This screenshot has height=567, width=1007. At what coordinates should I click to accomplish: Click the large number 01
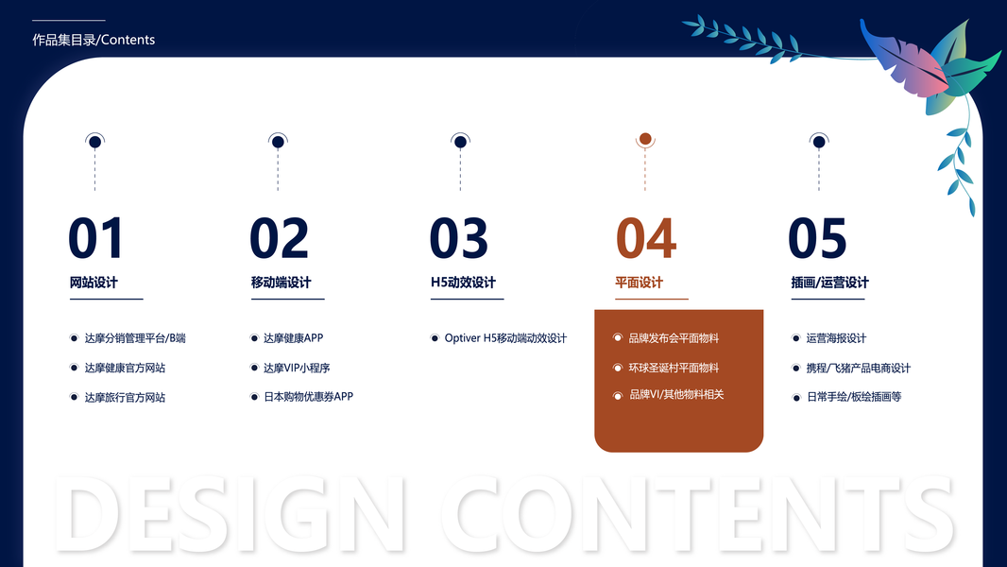[x=95, y=237]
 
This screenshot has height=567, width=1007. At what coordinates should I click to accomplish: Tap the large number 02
[x=280, y=237]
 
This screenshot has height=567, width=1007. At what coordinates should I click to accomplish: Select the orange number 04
[x=646, y=237]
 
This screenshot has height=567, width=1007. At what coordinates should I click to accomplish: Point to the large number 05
[x=817, y=237]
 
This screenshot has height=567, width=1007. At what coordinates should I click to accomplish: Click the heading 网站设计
[x=94, y=283]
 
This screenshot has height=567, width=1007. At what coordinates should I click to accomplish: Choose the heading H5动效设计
[x=463, y=283]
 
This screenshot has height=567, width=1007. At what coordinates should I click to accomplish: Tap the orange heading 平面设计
[x=639, y=283]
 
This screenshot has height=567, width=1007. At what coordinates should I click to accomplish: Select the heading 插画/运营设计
[x=829, y=283]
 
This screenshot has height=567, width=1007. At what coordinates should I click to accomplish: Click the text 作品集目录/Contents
[x=94, y=40]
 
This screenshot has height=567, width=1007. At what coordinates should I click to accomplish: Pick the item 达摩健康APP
[x=294, y=337]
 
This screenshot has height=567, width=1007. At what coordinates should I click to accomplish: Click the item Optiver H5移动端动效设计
[x=505, y=337]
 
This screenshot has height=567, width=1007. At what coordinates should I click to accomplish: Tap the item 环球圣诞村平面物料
[x=674, y=368]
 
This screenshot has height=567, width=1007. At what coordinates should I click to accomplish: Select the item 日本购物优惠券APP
[x=308, y=397]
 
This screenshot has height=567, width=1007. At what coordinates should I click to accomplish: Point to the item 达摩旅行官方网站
[x=125, y=398]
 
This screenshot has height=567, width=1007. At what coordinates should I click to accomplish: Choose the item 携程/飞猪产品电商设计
[x=858, y=368]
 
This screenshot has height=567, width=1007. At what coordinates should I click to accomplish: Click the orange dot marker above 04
[x=645, y=139]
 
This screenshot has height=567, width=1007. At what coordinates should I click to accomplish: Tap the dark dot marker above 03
[x=460, y=142]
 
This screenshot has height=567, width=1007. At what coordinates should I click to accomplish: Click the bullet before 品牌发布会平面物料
[x=618, y=337]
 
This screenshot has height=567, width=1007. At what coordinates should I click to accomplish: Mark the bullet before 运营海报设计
[x=795, y=338]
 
